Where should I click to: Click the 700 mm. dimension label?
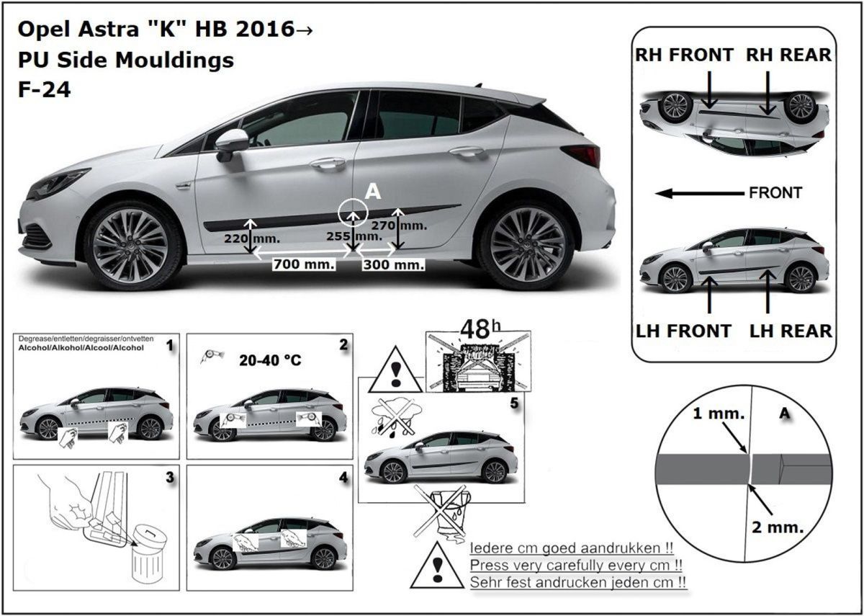pos(304,264)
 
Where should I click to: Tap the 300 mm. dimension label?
pos(393,265)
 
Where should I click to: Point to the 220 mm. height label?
pos(252,238)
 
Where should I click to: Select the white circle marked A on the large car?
pos(353,213)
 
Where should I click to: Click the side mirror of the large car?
pos(232,145)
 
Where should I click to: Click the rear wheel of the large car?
pos(527,246)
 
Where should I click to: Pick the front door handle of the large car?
pos(328,164)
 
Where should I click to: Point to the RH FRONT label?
pos(684,55)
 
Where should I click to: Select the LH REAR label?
pos(791,331)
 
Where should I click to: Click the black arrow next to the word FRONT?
pos(700,193)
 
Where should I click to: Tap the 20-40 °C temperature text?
pos(270,360)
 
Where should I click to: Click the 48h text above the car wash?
pos(481,329)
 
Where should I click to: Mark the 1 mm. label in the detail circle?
pos(719,414)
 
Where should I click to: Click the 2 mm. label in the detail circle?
pos(778,527)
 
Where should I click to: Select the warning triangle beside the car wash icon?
pos(395,370)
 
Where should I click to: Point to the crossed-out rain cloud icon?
pos(396,418)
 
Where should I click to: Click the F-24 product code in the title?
pos(45,90)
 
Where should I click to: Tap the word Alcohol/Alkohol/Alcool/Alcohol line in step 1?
pos(81,348)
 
